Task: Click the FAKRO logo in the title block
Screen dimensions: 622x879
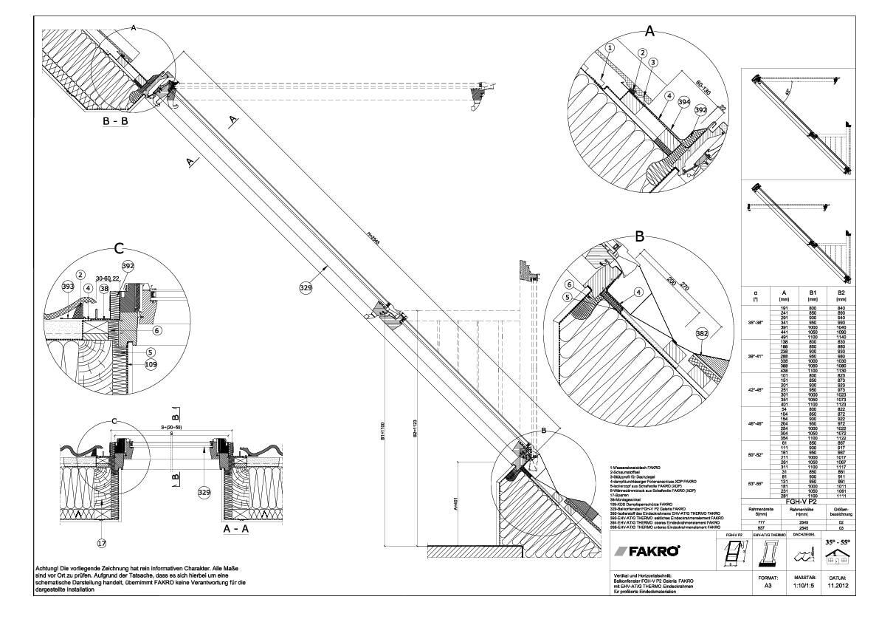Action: (652, 552)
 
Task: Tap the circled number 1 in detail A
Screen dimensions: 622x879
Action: (609, 48)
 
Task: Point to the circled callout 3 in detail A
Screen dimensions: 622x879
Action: (653, 62)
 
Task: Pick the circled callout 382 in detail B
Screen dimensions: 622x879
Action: (702, 334)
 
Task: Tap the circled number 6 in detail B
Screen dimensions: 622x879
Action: (569, 284)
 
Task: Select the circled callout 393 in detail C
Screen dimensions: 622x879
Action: (68, 287)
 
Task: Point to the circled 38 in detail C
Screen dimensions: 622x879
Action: (105, 289)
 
